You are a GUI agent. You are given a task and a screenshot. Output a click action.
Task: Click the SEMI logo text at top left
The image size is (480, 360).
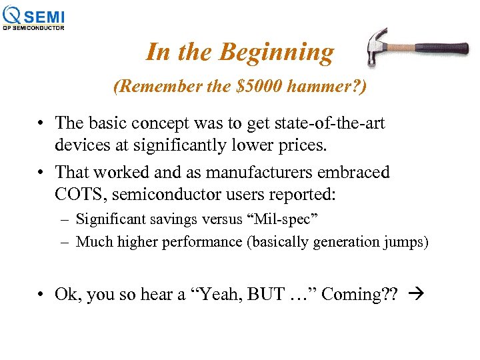coord(45,15)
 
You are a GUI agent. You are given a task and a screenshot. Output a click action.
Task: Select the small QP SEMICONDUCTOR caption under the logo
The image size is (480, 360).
coord(34,28)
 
